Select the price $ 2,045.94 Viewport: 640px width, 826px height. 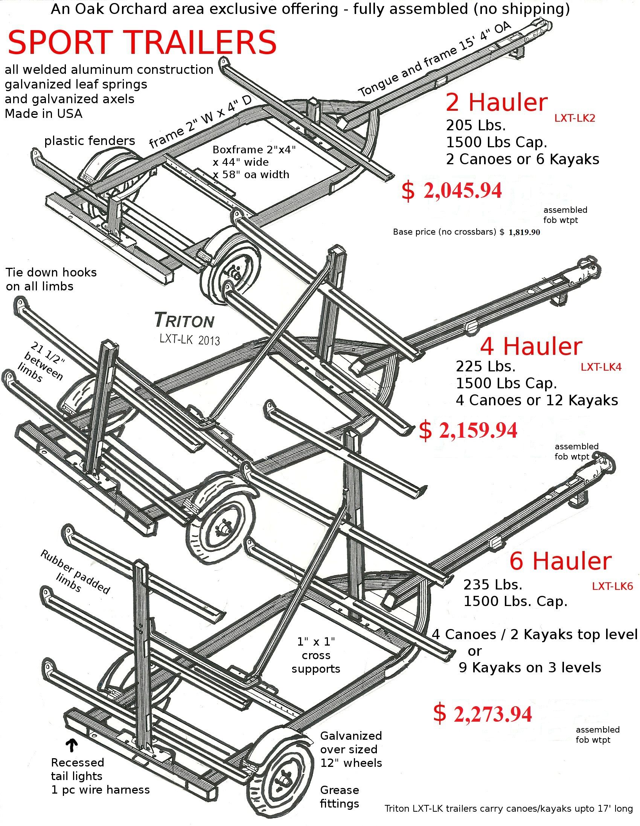pos(452,190)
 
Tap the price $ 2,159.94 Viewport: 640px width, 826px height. pos(468,430)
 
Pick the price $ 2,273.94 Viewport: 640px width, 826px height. pos(482,713)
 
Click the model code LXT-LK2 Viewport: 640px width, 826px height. pos(574,118)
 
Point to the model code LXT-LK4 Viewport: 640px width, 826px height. pos(601,367)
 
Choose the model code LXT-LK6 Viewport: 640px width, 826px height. pos(612,586)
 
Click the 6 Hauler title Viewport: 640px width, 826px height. pos(560,561)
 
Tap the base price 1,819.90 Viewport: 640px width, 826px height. pos(524,232)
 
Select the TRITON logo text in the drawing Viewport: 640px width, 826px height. pos(184,321)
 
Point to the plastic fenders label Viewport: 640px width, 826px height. pos(90,141)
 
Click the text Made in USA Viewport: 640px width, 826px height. pos(43,113)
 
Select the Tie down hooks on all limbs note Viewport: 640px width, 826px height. pos(51,279)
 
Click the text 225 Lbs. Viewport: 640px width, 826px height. pos(485,366)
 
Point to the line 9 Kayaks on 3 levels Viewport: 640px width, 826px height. pos(530,667)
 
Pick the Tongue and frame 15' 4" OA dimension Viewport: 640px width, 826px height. pos(435,60)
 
